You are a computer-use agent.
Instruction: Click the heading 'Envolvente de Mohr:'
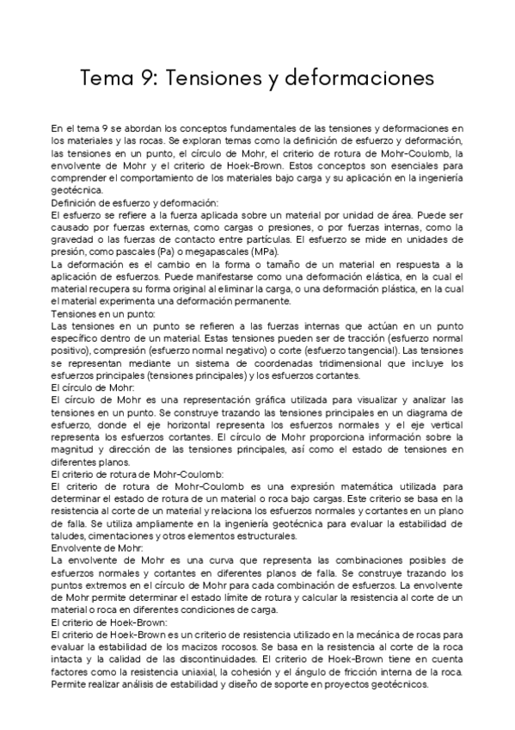point(97,547)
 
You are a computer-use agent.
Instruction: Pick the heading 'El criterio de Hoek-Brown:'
point(109,621)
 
